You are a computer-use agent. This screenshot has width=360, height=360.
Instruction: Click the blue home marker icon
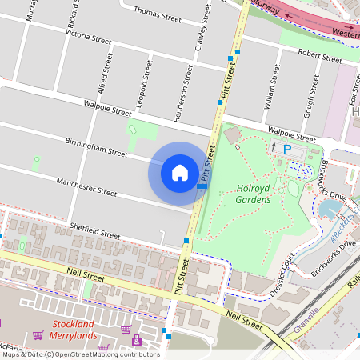point(179,173)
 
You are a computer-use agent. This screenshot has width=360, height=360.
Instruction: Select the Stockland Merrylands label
point(74,330)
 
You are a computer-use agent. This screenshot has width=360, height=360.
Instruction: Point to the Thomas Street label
point(158,14)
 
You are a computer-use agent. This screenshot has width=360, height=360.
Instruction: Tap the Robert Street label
point(319,55)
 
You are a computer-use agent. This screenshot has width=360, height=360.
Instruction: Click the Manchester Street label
point(87,189)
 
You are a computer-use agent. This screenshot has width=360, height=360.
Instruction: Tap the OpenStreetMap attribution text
point(80,354)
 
